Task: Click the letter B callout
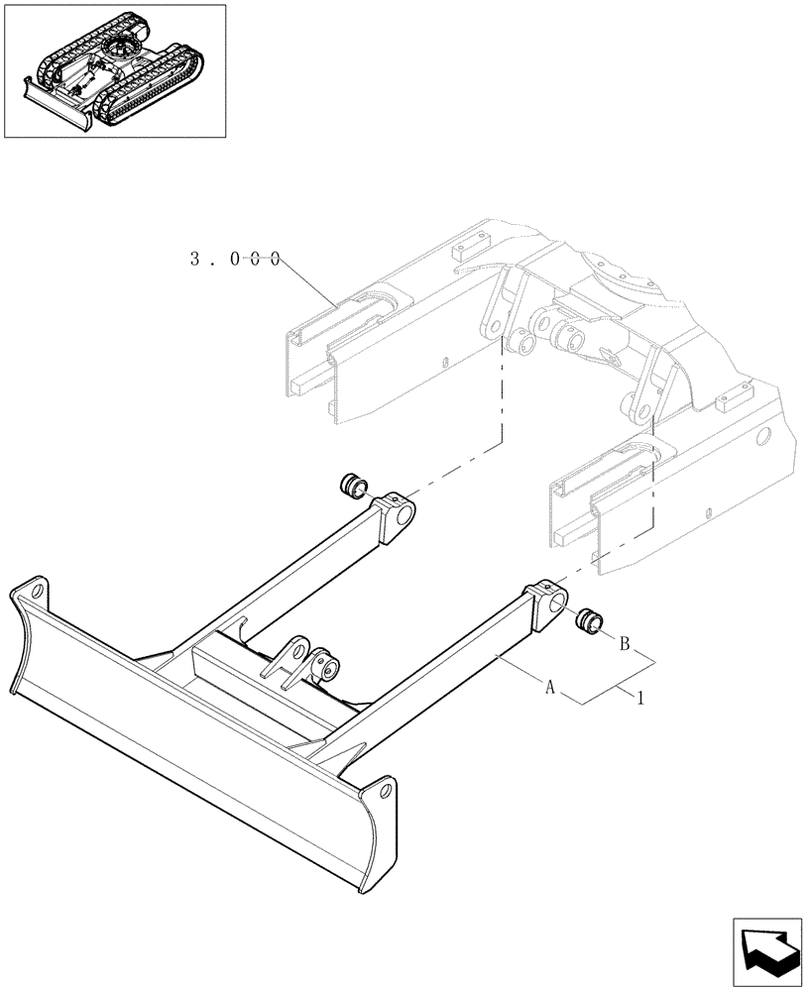tap(626, 643)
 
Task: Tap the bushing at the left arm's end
tap(352, 487)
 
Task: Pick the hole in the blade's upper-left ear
tap(39, 592)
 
